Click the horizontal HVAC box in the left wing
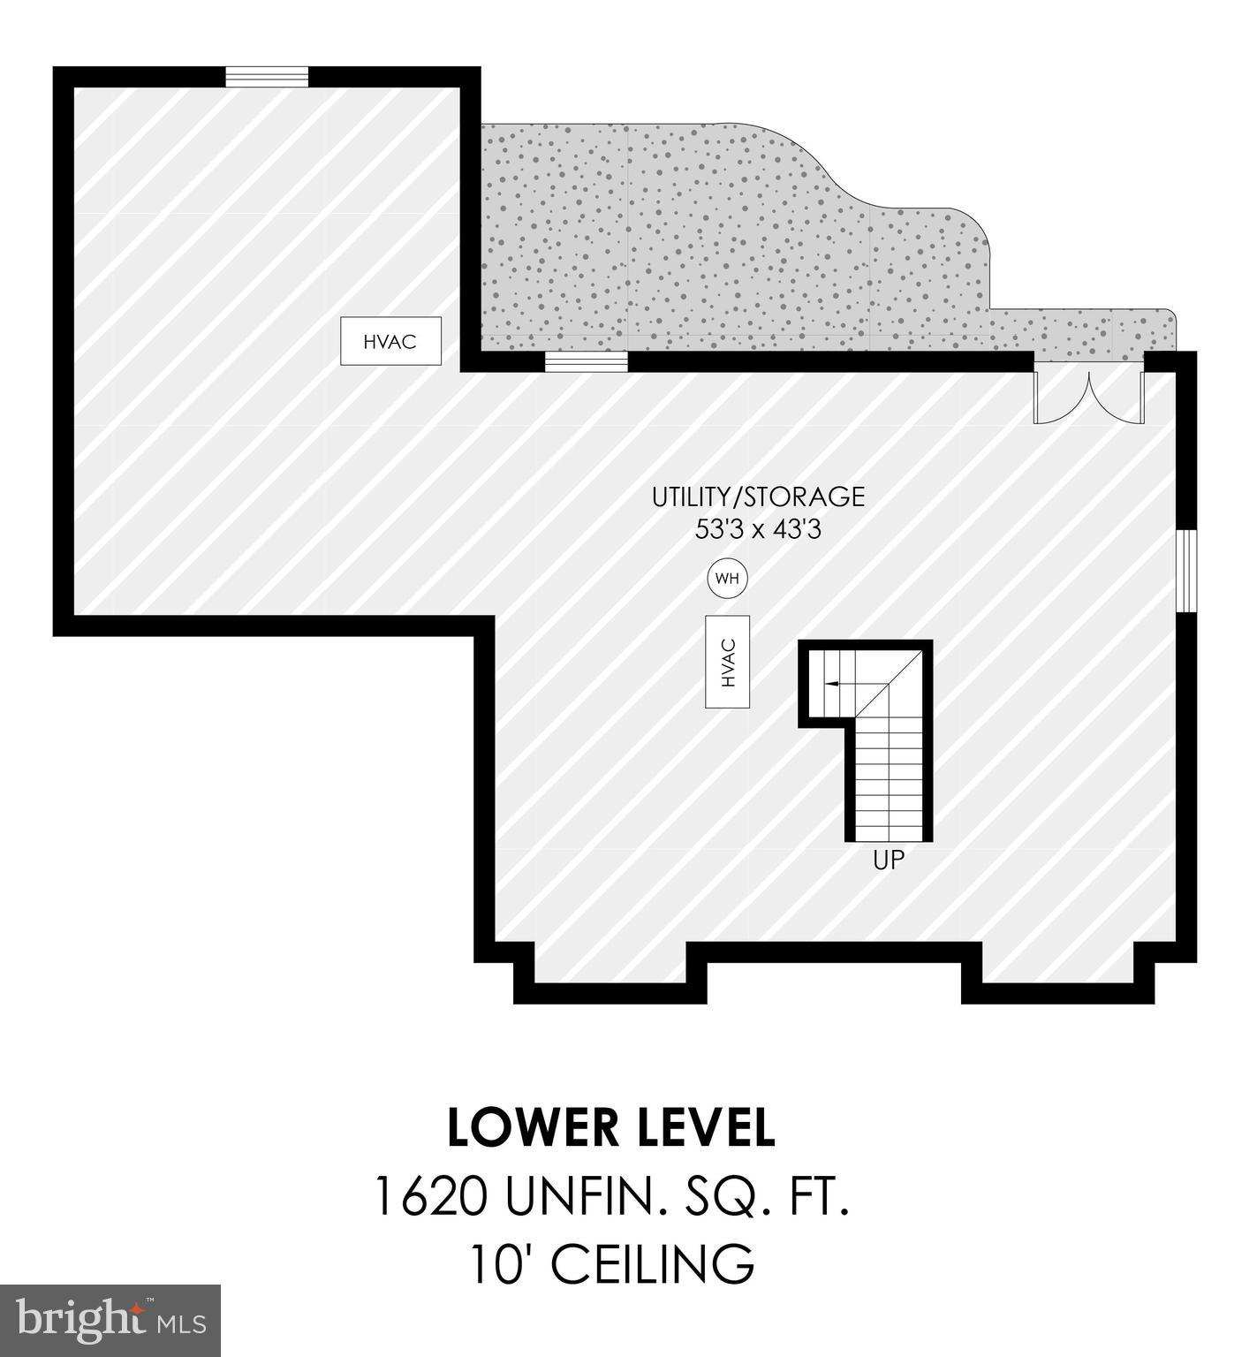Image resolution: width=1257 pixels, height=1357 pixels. pos(390,341)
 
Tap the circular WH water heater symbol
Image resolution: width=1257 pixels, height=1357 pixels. pos(727,579)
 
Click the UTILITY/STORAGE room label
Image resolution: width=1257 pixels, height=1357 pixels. pos(758,497)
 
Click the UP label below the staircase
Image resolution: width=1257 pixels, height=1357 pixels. pos(889,860)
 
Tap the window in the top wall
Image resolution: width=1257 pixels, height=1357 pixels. pos(267,77)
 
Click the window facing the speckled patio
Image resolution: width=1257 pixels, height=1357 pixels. pos(586,361)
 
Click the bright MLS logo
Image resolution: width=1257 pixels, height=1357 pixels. pos(110,1321)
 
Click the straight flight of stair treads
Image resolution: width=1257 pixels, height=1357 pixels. pos(890,777)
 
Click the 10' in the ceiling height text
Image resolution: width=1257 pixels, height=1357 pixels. pos(501,1264)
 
